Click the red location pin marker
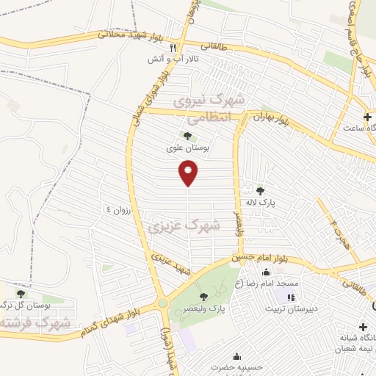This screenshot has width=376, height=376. click(189, 173)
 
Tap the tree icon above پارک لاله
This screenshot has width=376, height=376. click(260, 191)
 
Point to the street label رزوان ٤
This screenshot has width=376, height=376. click(117, 210)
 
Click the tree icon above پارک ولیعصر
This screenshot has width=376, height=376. click(203, 297)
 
